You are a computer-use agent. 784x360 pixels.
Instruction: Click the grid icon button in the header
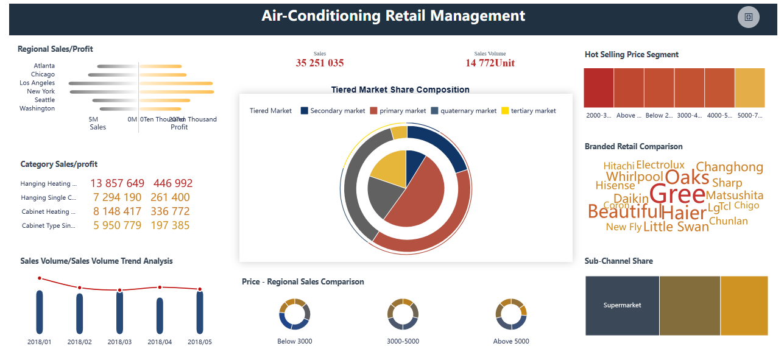click(749, 17)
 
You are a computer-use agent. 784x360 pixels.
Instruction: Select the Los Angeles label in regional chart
click(37, 83)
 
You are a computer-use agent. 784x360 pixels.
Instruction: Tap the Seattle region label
click(44, 100)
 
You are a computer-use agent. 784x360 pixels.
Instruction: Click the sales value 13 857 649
click(118, 183)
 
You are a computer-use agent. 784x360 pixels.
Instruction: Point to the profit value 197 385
click(172, 225)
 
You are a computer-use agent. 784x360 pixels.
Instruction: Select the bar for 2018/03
click(119, 313)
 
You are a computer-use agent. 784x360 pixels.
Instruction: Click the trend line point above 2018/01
click(40, 278)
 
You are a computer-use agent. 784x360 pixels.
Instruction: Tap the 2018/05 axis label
click(200, 342)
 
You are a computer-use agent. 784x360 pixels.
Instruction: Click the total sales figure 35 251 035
click(320, 63)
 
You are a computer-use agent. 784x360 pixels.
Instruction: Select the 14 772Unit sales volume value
click(490, 63)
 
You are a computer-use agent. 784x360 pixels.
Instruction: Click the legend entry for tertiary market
click(528, 111)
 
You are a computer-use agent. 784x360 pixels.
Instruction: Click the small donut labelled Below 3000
click(295, 314)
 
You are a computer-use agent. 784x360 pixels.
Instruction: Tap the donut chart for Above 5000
click(511, 314)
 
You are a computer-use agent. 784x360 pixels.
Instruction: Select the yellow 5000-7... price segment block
click(749, 88)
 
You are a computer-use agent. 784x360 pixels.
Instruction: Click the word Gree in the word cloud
click(677, 194)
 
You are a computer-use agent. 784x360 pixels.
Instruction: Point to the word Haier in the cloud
click(683, 213)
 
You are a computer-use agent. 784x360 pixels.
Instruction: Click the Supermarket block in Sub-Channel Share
click(622, 305)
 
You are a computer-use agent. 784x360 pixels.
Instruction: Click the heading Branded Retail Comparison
click(634, 147)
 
